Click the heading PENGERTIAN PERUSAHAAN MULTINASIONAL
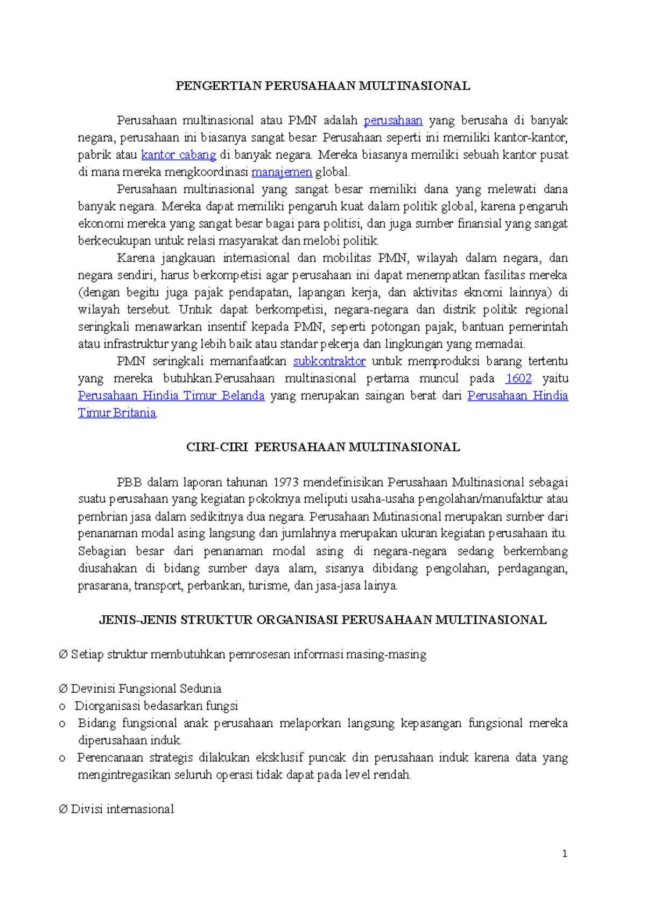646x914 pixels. point(322,86)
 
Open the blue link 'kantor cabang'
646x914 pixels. point(178,155)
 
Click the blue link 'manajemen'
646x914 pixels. point(282,172)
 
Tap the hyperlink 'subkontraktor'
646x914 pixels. point(329,361)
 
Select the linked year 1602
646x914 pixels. point(518,378)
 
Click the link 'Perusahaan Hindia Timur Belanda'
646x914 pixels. point(171,396)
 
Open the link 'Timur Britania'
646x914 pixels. point(117,413)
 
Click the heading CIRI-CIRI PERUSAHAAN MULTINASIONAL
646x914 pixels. point(322,447)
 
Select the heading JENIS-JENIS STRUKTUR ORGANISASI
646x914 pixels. point(322,620)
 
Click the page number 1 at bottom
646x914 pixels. point(564,854)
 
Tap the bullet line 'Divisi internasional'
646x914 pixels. point(122,810)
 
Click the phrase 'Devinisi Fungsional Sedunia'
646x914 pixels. point(146,689)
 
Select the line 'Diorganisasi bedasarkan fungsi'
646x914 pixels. point(156,706)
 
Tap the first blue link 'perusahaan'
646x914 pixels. point(393,121)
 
